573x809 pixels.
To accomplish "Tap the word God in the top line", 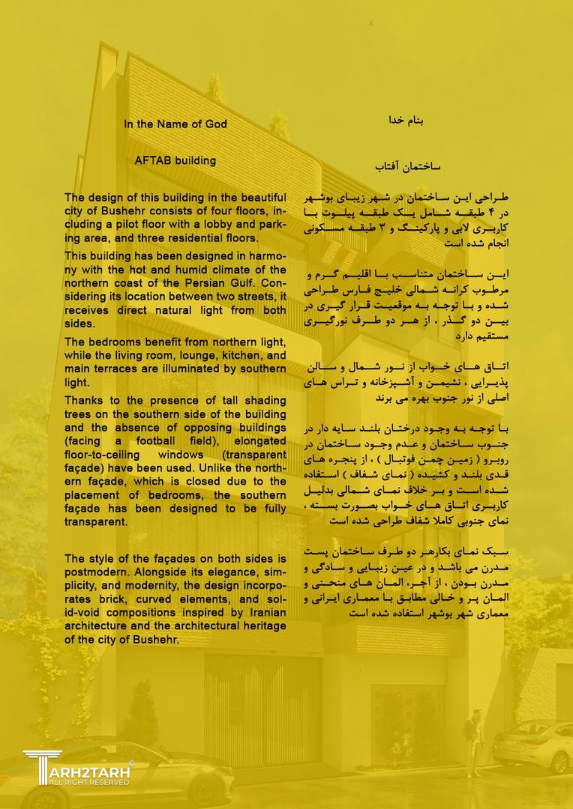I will [214, 124].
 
